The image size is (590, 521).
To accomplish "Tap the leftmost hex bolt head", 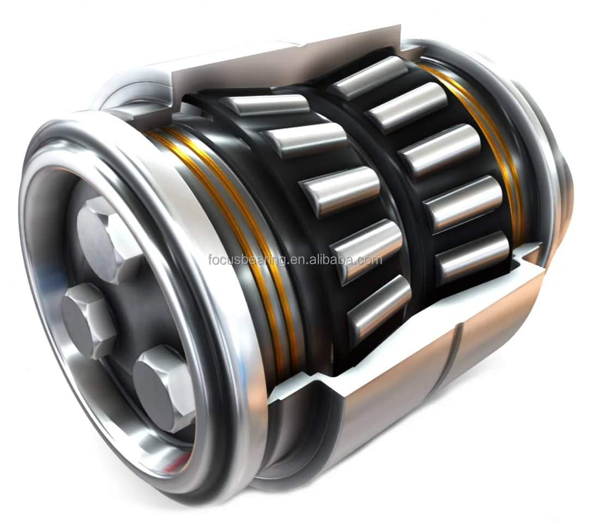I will pyautogui.click(x=87, y=320).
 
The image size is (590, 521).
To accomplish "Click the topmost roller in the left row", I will pyautogui.click(x=267, y=104).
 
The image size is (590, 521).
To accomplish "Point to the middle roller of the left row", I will pyautogui.click(x=340, y=191).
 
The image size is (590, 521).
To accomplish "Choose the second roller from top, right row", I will pyautogui.click(x=407, y=107).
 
